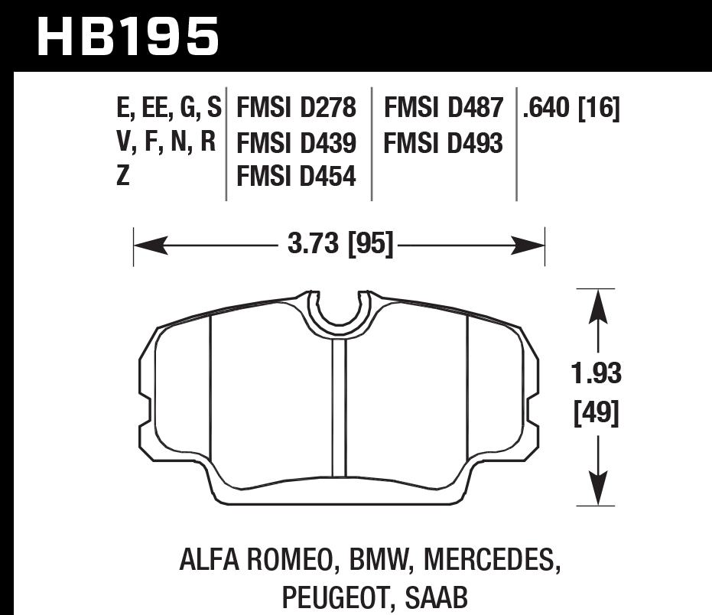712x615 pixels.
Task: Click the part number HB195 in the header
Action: tap(127, 36)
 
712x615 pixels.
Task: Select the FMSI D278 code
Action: tap(297, 109)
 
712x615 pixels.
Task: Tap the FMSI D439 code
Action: tap(297, 143)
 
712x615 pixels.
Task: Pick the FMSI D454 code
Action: tap(297, 177)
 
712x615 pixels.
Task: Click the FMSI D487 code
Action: tap(444, 109)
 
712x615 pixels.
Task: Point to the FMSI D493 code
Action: tap(444, 143)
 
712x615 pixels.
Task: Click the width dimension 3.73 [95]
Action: tap(340, 246)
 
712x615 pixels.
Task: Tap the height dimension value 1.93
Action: tap(597, 375)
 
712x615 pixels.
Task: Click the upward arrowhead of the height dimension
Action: tap(597, 301)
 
